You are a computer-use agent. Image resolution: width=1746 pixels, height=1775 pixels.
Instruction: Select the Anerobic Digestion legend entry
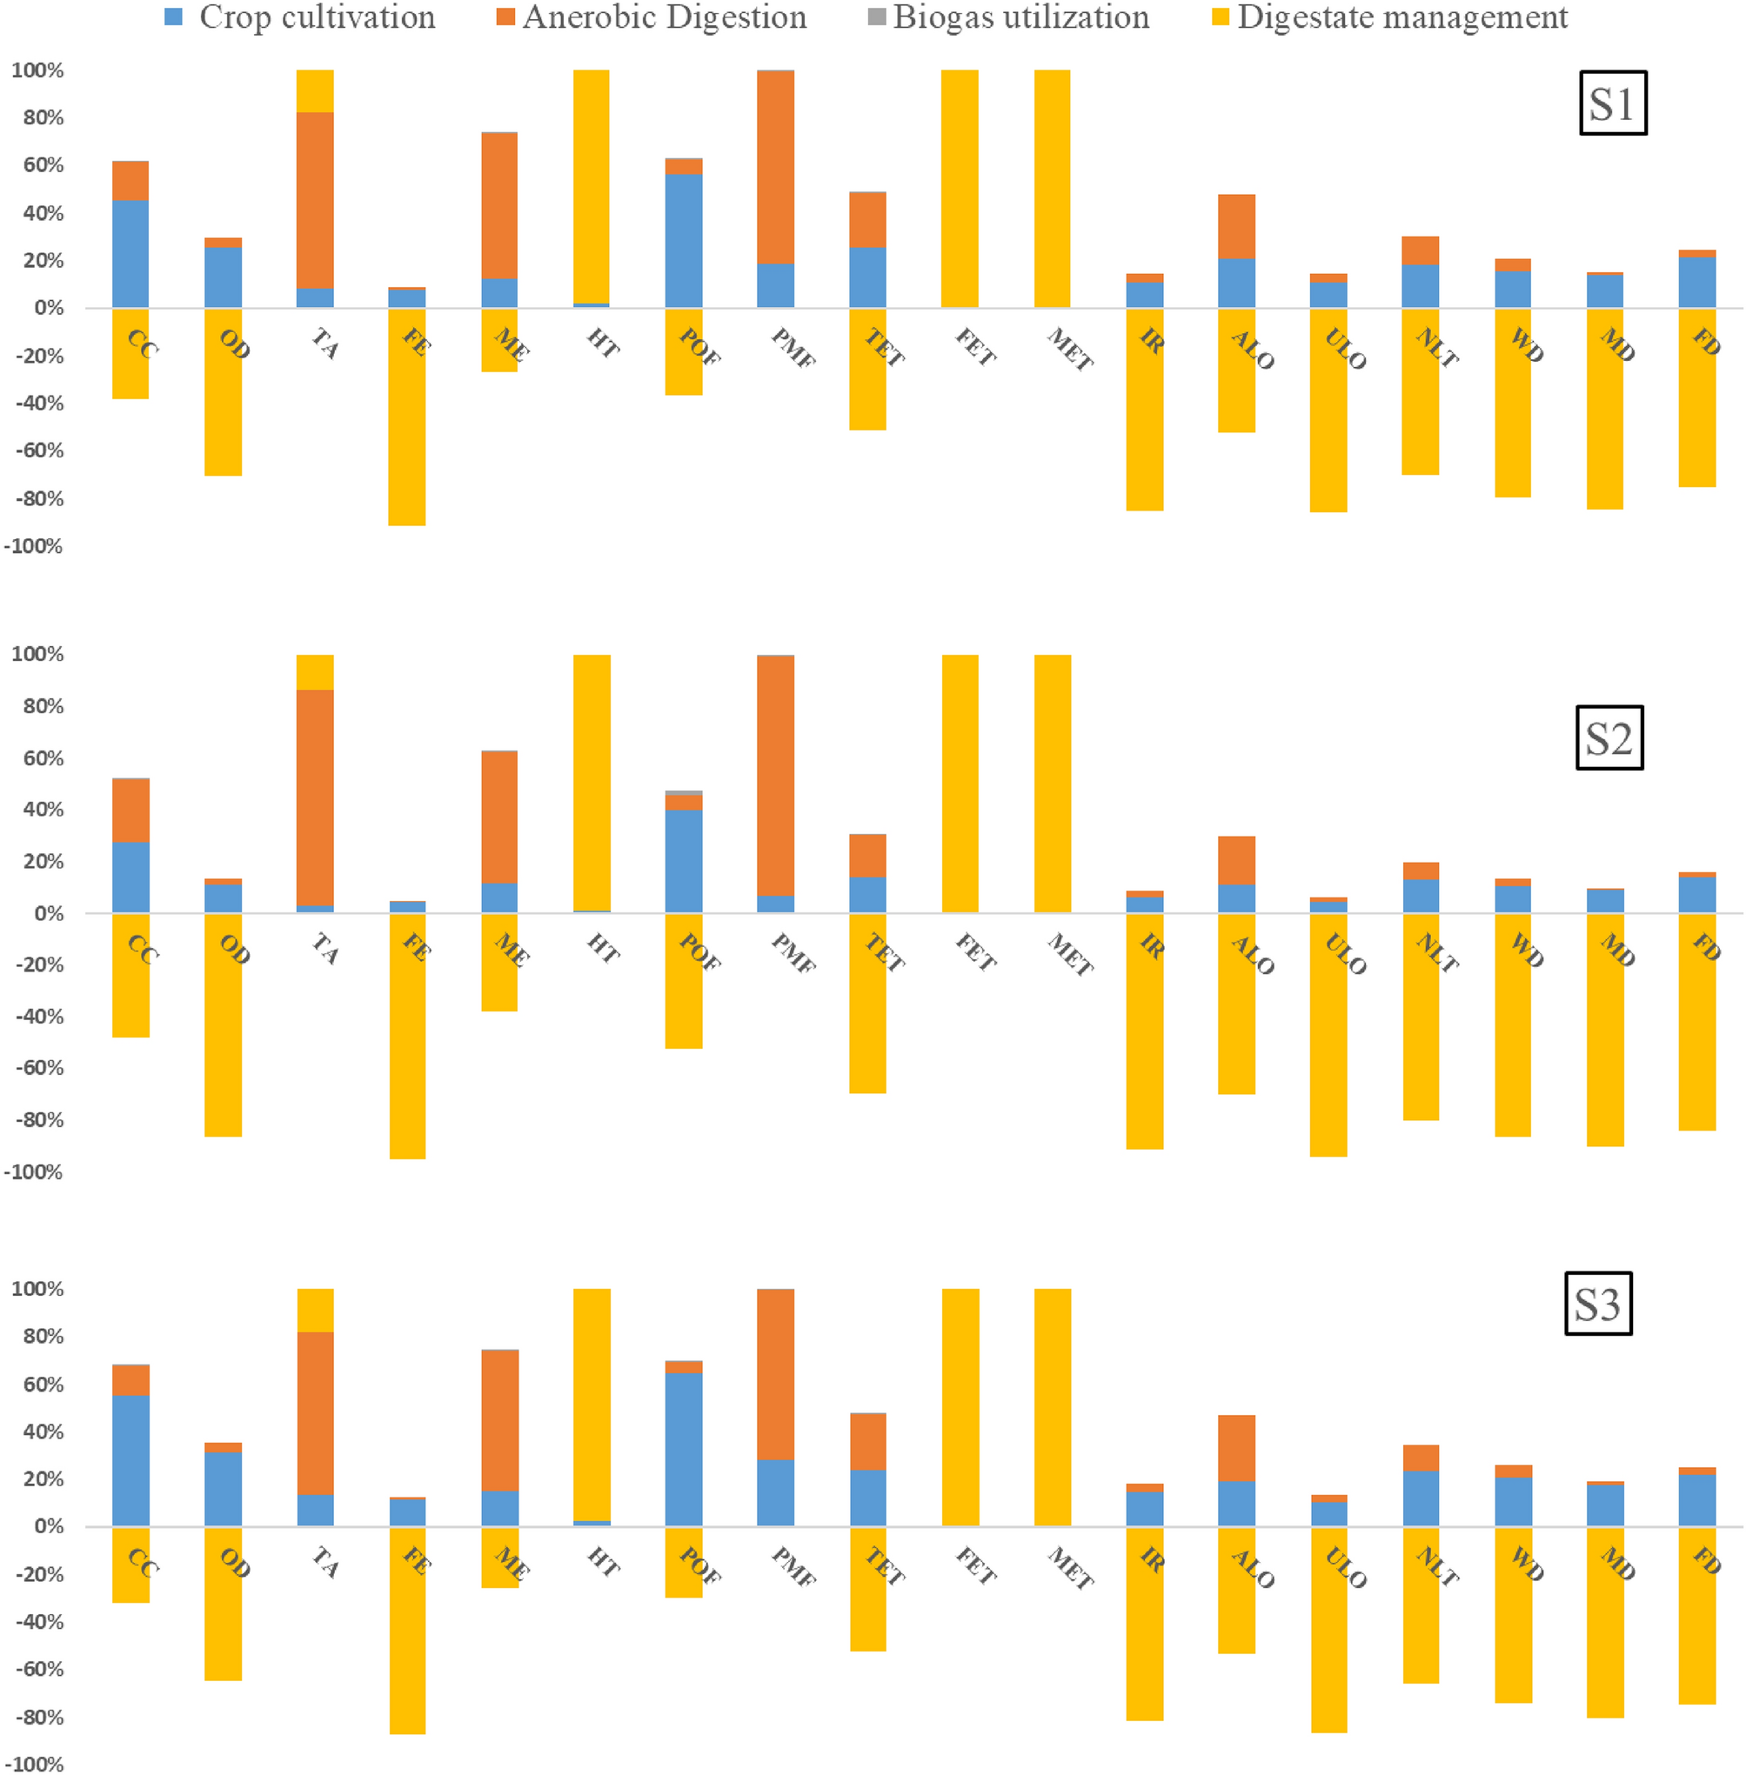pos(653,17)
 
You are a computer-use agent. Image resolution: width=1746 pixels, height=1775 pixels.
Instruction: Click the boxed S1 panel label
pos(1612,103)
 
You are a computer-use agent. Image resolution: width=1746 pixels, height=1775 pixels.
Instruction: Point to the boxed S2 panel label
pos(1609,738)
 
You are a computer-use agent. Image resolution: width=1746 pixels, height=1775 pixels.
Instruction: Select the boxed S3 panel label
pos(1597,1303)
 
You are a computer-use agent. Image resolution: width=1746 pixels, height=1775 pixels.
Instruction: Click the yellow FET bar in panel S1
pos(960,188)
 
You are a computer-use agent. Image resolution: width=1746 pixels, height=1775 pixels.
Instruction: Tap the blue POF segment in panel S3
pos(683,1449)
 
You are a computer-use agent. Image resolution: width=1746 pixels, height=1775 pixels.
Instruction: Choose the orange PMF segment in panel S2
pos(776,775)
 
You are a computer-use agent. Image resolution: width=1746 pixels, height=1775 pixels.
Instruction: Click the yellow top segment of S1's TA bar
pos(316,90)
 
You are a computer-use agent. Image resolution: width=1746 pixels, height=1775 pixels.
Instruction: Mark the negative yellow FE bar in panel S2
pos(407,1036)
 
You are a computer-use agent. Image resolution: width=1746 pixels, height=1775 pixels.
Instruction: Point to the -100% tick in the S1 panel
pos(34,546)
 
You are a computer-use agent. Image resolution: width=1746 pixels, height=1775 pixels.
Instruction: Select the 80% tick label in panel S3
pos(42,1337)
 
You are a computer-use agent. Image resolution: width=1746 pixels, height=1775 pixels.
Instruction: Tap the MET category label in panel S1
pos(1069,350)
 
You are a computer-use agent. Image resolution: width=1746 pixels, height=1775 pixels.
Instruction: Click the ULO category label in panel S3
pos(1345,1568)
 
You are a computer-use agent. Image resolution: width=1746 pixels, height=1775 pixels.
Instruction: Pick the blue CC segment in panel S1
pos(130,253)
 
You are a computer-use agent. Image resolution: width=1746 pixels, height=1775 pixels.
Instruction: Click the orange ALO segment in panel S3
pos(1236,1449)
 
